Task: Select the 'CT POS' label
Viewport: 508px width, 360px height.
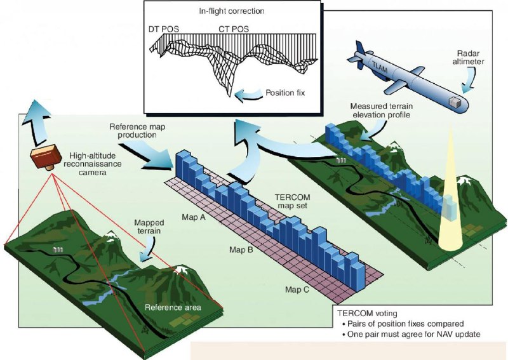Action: click(x=231, y=29)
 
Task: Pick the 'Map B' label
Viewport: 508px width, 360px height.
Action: click(x=241, y=250)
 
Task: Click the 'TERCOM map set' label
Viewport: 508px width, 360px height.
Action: click(x=298, y=201)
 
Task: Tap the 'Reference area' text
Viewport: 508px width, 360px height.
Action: click(x=173, y=308)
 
